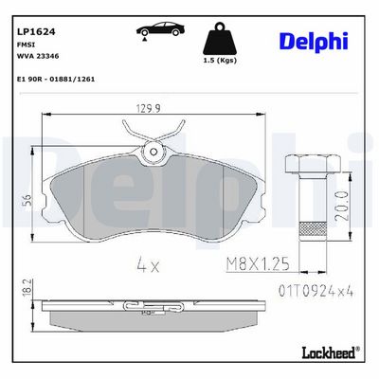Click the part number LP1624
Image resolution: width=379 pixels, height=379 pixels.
click(36, 32)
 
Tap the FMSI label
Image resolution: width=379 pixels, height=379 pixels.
click(23, 45)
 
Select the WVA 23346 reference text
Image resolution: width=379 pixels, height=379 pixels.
click(37, 56)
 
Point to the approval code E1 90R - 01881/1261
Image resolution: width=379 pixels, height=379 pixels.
click(55, 80)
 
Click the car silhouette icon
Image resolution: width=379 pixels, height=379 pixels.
click(160, 30)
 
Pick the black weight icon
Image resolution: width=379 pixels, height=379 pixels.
click(220, 39)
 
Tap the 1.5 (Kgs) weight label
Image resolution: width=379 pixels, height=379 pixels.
click(220, 61)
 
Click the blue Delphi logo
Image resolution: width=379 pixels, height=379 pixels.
click(314, 42)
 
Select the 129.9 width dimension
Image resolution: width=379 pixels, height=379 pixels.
click(149, 108)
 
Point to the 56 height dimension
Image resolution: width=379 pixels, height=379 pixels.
click(27, 200)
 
